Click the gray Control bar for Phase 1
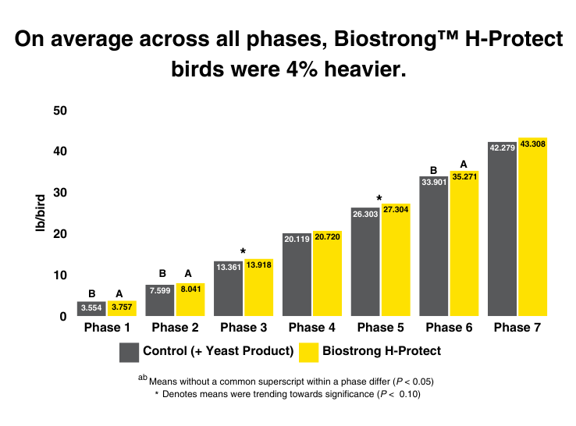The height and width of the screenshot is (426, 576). tap(91, 308)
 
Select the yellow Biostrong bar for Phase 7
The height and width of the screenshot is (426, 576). tap(532, 234)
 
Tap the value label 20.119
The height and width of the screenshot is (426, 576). tap(296, 240)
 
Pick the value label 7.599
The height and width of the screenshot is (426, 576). tap(160, 290)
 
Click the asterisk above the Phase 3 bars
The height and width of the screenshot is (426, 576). tap(243, 251)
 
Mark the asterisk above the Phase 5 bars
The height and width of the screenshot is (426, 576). tap(379, 198)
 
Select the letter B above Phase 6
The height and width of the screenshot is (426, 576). tap(433, 169)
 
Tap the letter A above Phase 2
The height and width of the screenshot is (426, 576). tap(188, 274)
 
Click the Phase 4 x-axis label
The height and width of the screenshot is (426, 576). tap(311, 327)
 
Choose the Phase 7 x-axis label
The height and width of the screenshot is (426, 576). tap(517, 327)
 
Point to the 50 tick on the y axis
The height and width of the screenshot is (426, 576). tap(60, 111)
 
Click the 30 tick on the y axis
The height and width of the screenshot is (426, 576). tap(60, 193)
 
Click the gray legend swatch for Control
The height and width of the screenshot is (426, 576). tap(129, 352)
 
